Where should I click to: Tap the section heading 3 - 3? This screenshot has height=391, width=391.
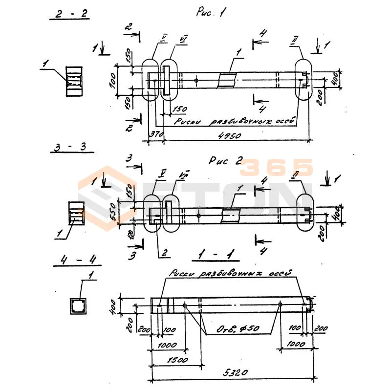point(71,146)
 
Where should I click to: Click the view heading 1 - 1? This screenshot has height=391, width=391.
point(216,255)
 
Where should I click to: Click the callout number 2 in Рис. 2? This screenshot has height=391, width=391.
point(164,253)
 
